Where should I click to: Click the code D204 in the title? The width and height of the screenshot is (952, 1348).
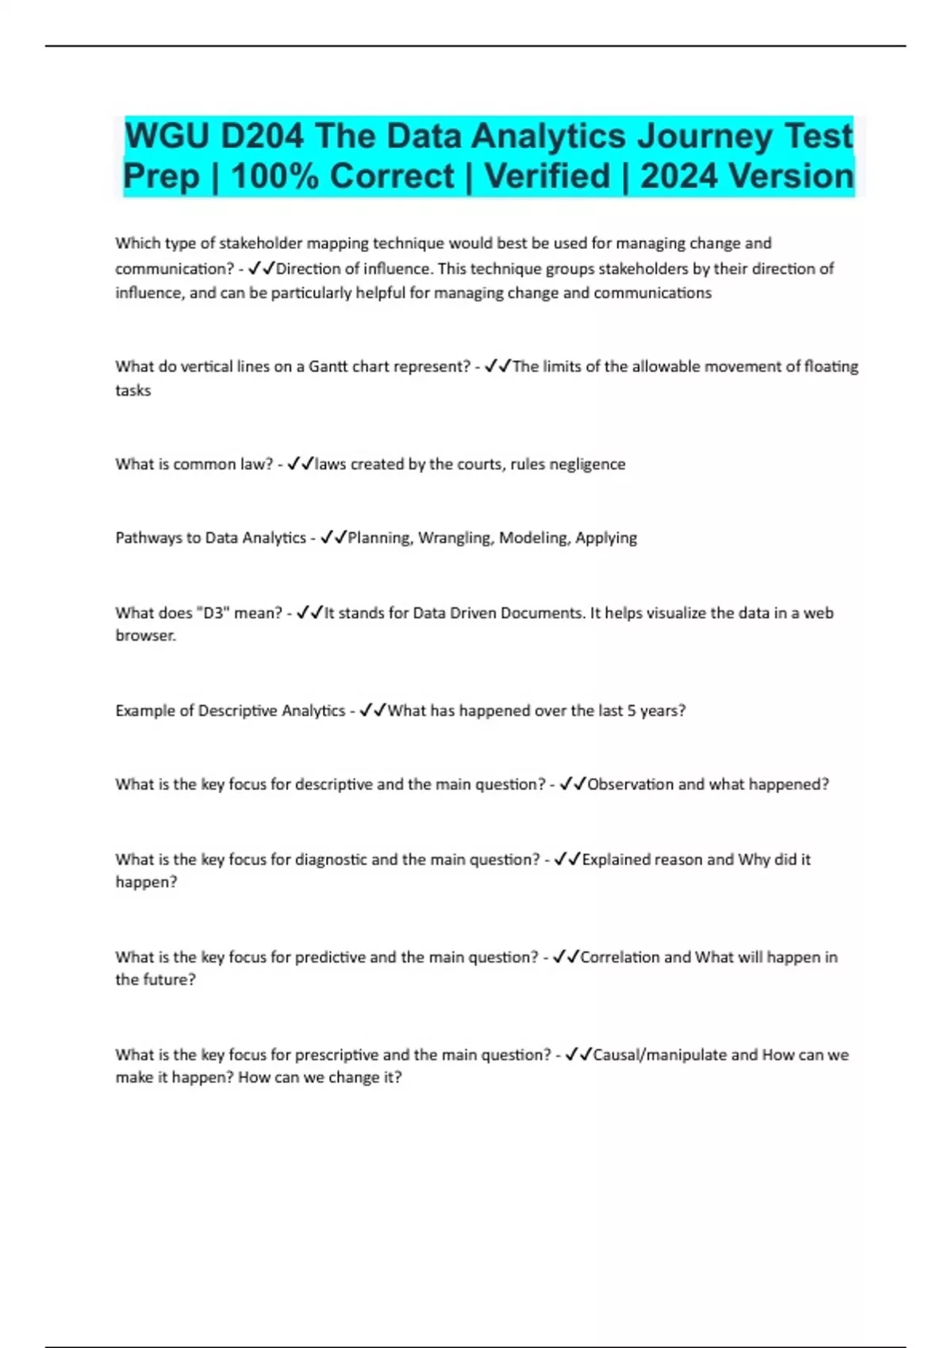point(262,136)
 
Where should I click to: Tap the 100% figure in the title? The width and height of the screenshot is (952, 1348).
point(274,176)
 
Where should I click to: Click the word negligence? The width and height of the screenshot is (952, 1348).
point(588,464)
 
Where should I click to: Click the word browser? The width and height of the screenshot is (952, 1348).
point(144,635)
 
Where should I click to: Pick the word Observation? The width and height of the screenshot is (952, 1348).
point(631,784)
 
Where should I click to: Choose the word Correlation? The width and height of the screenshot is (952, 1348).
point(620,957)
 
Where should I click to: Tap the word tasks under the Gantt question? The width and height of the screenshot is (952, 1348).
point(132,390)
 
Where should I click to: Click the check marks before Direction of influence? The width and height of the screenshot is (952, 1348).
point(261,269)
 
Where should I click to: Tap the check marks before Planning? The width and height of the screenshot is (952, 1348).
point(333,538)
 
